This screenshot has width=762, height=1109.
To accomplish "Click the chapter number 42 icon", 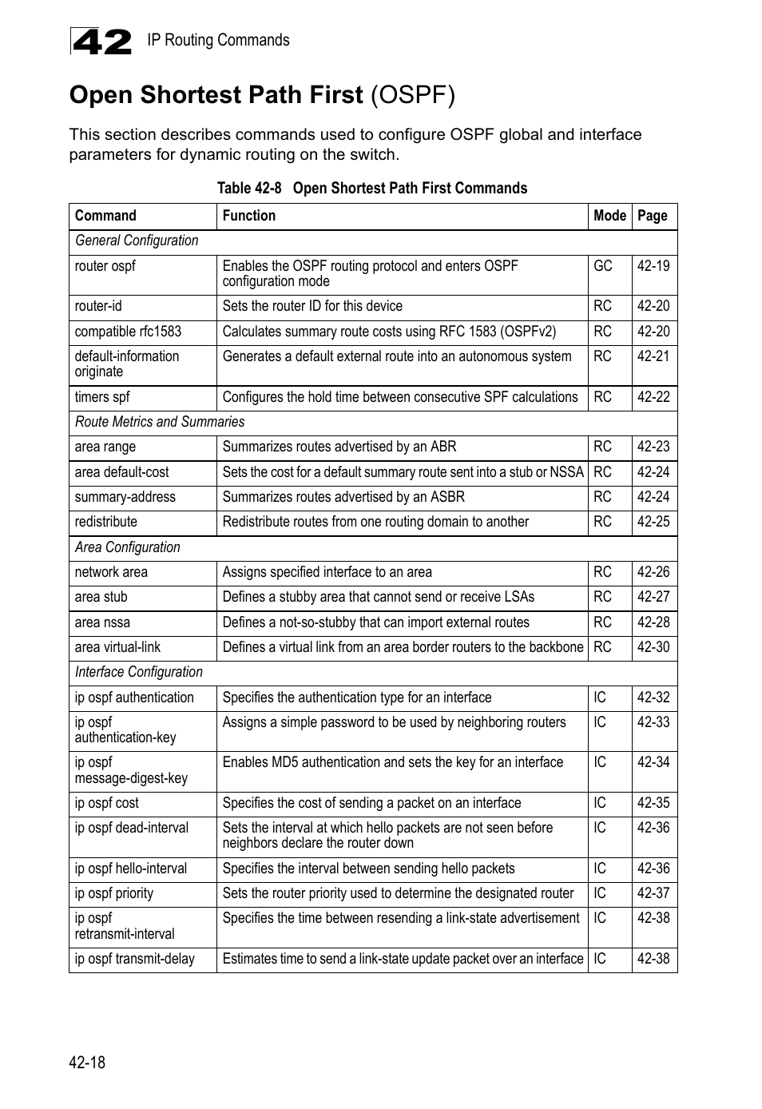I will point(101,41).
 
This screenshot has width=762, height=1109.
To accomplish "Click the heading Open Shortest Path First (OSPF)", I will point(262,95).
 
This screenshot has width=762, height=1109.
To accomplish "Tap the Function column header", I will point(249,216).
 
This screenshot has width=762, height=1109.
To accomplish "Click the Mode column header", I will point(609,216).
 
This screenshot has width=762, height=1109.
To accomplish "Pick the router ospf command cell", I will point(105,266).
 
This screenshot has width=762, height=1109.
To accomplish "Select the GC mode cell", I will point(603,266).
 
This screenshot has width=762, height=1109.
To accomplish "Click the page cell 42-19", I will point(653,266).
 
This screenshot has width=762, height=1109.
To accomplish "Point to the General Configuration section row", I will point(137,240).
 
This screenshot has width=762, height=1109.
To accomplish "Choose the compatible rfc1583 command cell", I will point(128,332).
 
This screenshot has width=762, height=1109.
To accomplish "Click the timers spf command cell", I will point(102,397).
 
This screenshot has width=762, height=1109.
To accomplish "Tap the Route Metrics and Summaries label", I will point(160,422).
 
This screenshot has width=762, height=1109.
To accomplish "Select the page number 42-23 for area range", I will point(653,447).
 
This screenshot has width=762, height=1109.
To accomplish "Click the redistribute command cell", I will point(106,522).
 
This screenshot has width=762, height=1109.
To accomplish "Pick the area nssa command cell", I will point(102,622).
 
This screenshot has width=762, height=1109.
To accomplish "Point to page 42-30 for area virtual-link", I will point(653,647).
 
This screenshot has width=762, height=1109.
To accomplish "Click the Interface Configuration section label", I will point(139,672).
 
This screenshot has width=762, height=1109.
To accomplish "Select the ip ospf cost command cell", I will point(107,803).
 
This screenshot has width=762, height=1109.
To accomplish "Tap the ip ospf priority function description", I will point(398,893).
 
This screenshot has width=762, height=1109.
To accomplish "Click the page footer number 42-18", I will point(87,1062).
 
